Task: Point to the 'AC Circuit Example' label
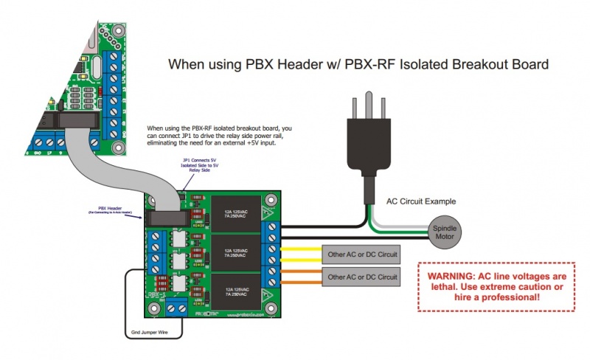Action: click(421, 201)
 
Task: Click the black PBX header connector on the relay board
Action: click(169, 219)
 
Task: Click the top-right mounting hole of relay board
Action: click(274, 199)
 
